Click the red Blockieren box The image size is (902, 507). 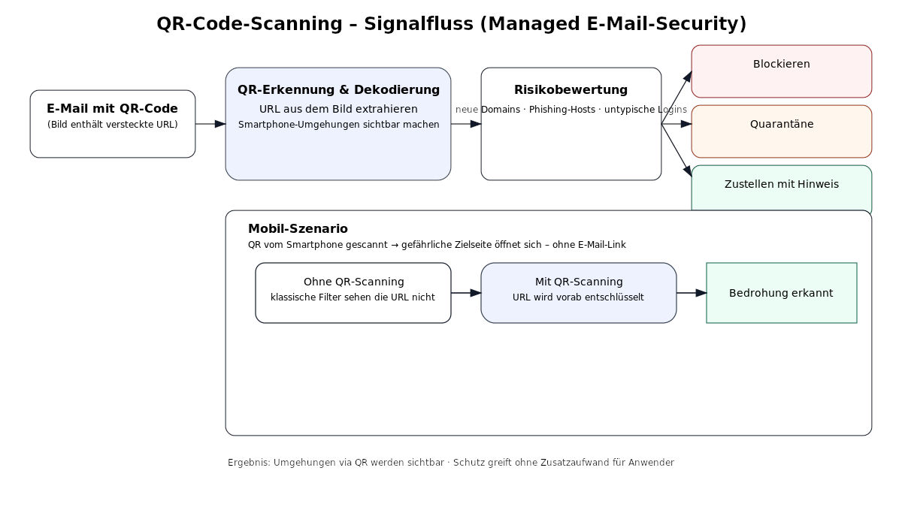[x=781, y=71]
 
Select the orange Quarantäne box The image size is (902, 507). [x=781, y=131]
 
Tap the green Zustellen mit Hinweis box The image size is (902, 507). [x=781, y=188]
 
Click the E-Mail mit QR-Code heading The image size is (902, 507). [x=112, y=109]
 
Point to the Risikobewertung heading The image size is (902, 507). [x=571, y=90]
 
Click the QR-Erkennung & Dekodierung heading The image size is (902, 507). [x=338, y=90]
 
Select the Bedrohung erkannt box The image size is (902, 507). [x=781, y=293]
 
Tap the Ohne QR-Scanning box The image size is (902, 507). [x=353, y=293]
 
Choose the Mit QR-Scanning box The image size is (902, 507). [x=578, y=293]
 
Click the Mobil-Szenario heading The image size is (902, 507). [x=298, y=229]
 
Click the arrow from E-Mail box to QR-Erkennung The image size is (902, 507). [x=210, y=124]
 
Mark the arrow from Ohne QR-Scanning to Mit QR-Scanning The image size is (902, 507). [x=466, y=293]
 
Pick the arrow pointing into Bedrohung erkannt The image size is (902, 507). [x=692, y=293]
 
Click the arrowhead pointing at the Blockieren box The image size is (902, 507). [x=687, y=75]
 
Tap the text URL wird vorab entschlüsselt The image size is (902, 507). [x=578, y=297]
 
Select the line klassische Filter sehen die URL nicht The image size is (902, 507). [x=353, y=297]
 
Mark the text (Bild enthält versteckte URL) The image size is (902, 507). [x=112, y=125]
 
